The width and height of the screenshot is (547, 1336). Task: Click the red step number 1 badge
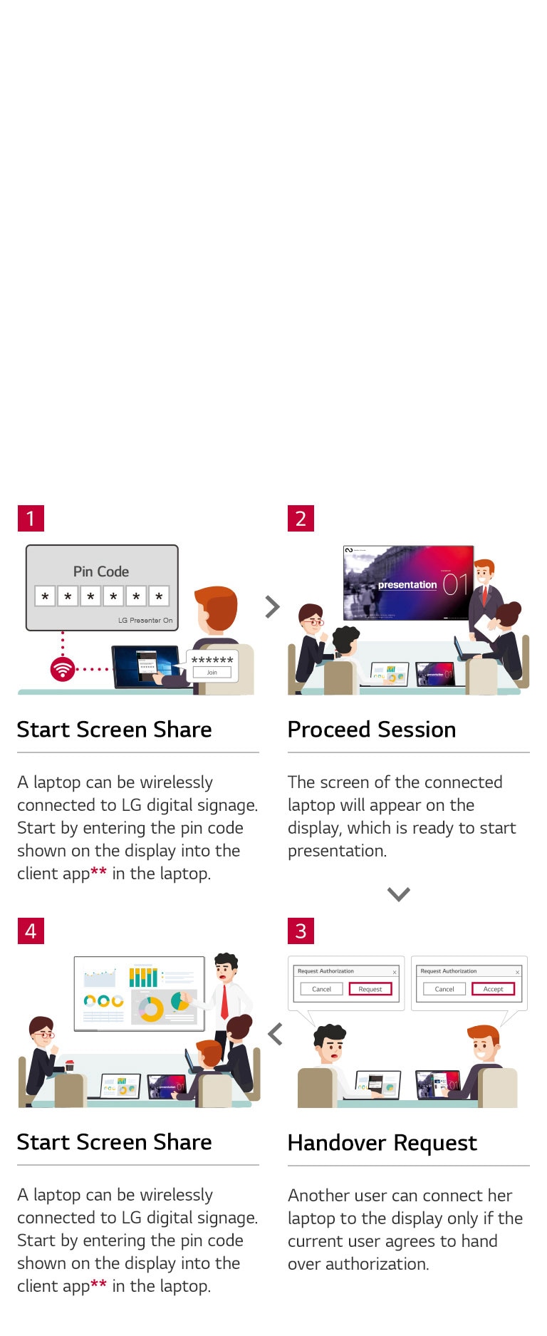click(31, 518)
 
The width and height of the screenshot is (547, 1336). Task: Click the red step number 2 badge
click(301, 518)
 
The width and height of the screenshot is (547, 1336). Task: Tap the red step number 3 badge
click(301, 931)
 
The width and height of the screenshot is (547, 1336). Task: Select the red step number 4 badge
click(31, 931)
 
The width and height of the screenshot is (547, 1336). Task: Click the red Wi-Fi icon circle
click(63, 669)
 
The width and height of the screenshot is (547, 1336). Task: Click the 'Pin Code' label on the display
click(101, 571)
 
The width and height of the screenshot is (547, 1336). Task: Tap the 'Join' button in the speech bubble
click(212, 672)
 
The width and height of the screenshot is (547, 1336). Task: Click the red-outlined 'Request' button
click(370, 989)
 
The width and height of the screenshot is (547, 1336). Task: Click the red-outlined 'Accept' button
click(493, 989)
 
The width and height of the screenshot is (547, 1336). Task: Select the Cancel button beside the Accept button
click(444, 989)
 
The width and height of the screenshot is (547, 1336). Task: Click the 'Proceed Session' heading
click(371, 730)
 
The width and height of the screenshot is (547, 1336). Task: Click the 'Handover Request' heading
click(382, 1143)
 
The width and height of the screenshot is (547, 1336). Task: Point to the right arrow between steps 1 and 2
click(272, 606)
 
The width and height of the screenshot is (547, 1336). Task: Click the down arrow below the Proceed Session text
click(398, 894)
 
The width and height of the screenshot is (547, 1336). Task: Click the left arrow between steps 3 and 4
click(276, 1034)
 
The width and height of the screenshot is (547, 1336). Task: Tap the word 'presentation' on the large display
click(407, 584)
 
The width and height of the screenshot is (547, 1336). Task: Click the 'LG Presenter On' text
click(145, 620)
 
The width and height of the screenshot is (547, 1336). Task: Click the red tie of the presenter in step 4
click(224, 1001)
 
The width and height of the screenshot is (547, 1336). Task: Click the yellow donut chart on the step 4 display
click(151, 1009)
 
